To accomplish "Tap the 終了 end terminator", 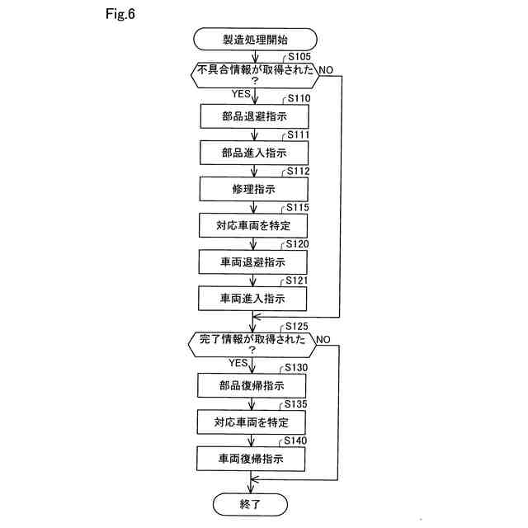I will [252, 502].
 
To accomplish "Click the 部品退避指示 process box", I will [253, 116].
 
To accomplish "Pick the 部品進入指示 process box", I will [253, 153].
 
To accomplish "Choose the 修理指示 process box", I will [253, 190].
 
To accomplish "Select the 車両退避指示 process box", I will [253, 262].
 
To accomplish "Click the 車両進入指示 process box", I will [253, 299].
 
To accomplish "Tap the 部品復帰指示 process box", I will [252, 386].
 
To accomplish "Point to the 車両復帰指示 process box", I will [252, 459].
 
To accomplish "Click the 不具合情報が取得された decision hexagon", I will [253, 74].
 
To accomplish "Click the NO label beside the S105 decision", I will [326, 69].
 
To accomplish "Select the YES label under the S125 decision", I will [238, 362].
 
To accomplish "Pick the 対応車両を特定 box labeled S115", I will [253, 225].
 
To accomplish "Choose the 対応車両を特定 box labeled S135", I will [252, 422].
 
